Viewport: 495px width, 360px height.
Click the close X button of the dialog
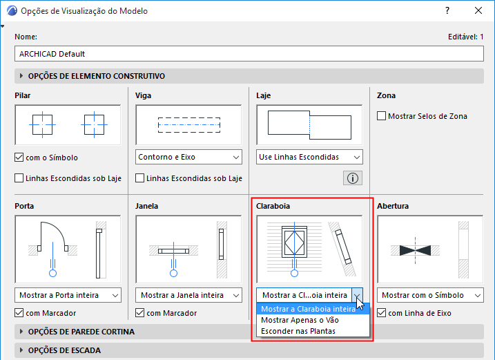478,10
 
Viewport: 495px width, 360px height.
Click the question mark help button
447,10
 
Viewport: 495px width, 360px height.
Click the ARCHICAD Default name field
249,54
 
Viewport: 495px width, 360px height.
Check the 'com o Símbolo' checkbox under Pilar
19,157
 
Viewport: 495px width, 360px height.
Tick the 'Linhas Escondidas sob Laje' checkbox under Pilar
19,178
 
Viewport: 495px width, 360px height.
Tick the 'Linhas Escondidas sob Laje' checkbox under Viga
139,178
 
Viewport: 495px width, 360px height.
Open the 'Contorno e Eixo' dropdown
188,157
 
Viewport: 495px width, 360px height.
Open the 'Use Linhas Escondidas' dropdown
309,157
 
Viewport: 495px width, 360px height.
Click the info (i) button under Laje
353,178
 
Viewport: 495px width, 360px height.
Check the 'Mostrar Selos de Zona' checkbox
381,116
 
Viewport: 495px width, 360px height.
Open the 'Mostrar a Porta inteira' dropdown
68,295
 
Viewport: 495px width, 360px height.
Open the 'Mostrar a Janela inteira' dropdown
188,295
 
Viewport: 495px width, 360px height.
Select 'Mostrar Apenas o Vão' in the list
300,320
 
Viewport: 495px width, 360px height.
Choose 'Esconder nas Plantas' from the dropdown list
298,331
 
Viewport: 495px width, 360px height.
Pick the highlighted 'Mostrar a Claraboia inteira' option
309,309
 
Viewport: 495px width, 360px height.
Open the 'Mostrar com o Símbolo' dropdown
430,295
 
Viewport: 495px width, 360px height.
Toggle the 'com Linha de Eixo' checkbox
381,313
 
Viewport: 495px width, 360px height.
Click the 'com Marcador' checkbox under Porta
19,313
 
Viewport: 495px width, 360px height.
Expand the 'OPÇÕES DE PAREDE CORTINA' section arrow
21,332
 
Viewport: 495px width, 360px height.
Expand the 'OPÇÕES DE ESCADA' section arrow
21,350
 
